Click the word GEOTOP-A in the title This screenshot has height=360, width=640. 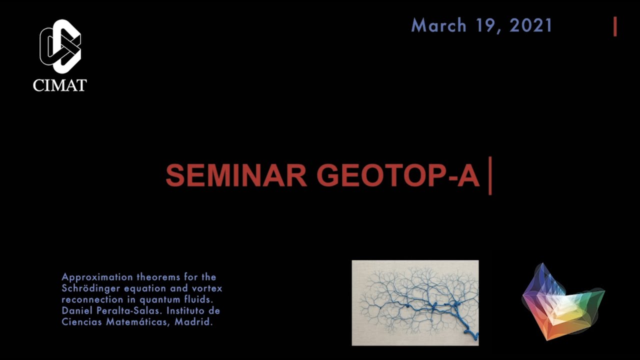point(398,175)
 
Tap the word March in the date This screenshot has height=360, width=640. point(439,25)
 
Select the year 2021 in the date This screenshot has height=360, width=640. point(530,25)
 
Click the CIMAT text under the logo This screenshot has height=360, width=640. point(59,85)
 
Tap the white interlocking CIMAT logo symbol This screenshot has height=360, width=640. point(60,46)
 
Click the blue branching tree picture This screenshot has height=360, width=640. point(415,302)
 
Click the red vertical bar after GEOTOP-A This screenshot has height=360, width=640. point(490,175)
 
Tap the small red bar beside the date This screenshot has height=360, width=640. point(615,26)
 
